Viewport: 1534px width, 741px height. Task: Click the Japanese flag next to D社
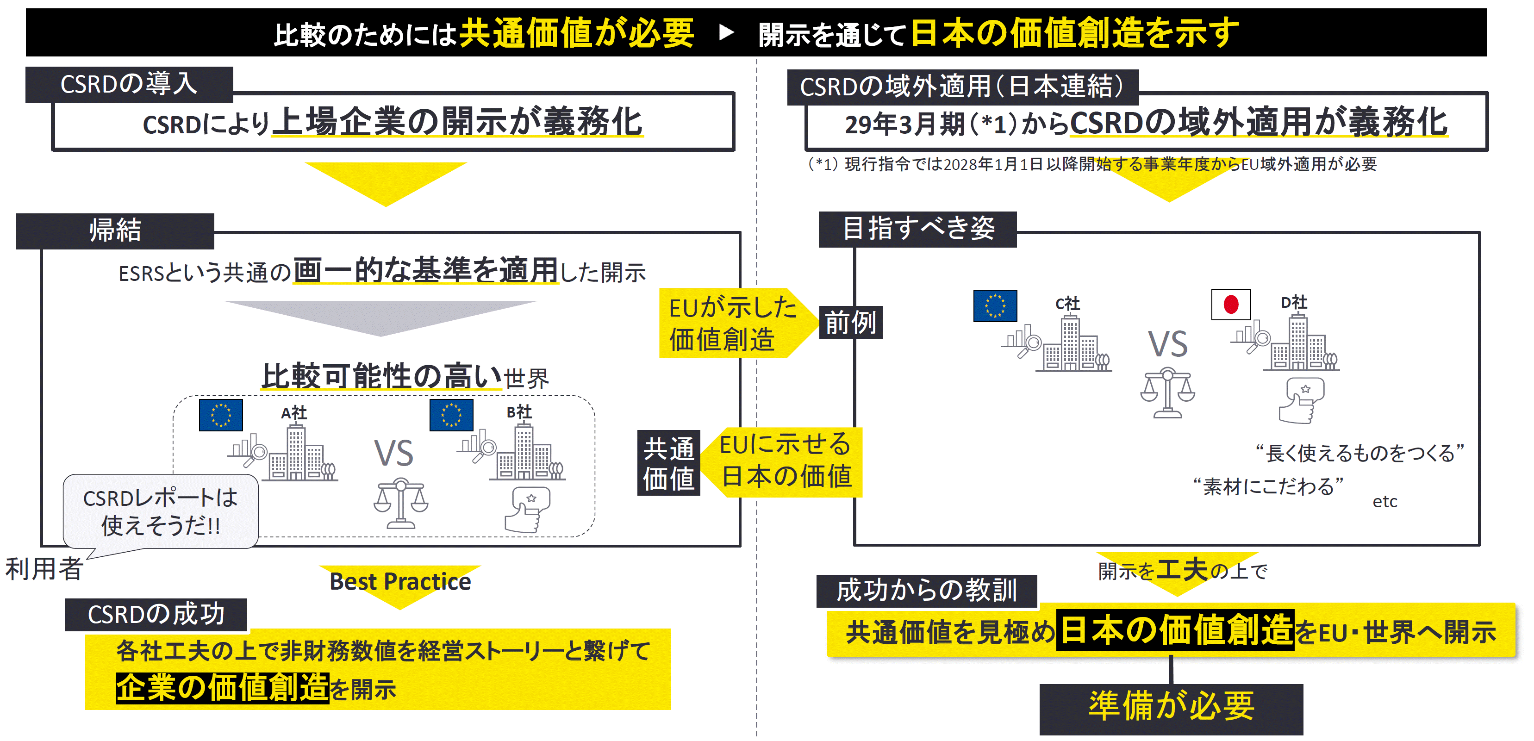[x=1230, y=305]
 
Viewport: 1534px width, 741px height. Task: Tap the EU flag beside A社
[x=220, y=415]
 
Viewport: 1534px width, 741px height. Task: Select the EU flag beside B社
[x=451, y=415]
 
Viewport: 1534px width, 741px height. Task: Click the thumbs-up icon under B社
[x=527, y=509]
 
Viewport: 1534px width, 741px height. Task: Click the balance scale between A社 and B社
[x=401, y=504]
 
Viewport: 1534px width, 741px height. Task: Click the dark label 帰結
[x=115, y=230]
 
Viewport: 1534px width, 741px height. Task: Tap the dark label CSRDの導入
[x=129, y=84]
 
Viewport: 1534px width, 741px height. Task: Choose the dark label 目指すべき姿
[x=917, y=229]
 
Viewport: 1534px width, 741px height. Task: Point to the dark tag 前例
[x=850, y=323]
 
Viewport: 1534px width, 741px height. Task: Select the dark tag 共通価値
[x=668, y=463]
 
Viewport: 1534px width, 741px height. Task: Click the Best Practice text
[x=400, y=581]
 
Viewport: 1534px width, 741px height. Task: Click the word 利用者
[x=44, y=569]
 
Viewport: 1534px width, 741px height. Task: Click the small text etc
[x=1384, y=502]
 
